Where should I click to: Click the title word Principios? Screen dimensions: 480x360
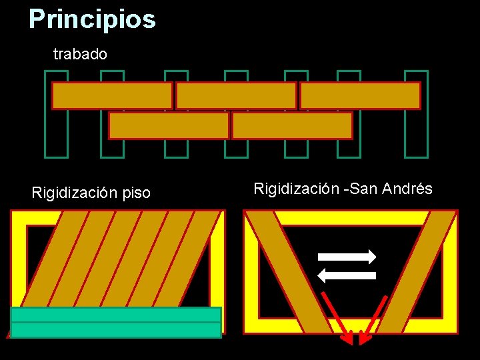point(92,19)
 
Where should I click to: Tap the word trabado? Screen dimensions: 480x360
point(80,54)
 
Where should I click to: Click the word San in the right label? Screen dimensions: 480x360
point(363,189)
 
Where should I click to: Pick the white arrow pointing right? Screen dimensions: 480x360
point(347,257)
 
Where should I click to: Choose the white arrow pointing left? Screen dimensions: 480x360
point(347,275)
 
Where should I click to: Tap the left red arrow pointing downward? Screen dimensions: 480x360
point(335,317)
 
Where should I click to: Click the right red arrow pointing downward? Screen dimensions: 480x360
point(373,317)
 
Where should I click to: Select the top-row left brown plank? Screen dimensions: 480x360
point(112,95)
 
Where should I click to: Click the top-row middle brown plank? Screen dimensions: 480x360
point(236,95)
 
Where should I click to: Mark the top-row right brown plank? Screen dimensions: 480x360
point(360,95)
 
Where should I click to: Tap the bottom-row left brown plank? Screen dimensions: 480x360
point(169,125)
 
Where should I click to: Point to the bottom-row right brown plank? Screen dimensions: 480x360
point(292,125)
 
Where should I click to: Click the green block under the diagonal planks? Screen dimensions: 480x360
point(116,322)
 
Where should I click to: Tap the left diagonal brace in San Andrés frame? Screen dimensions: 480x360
point(287,270)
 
